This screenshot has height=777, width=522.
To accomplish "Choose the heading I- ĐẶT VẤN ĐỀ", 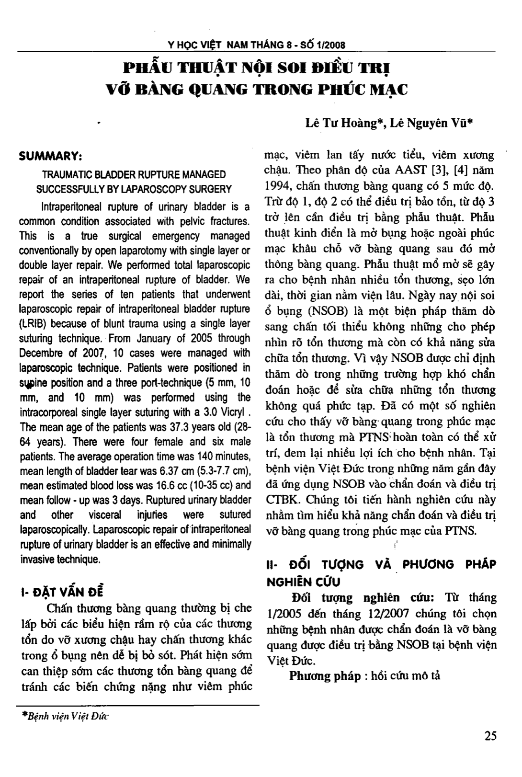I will (x=62, y=591).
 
